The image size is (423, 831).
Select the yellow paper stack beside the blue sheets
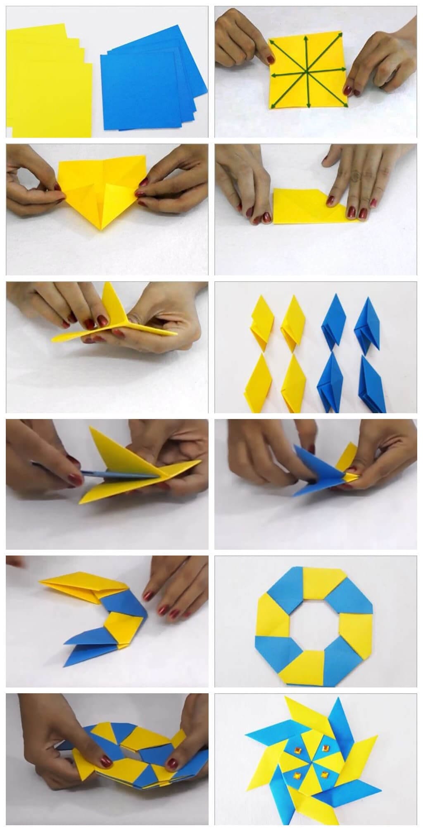click(45, 83)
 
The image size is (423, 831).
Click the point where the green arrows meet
click(307, 73)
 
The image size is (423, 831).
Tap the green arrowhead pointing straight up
click(306, 38)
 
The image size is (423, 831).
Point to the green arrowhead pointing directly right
click(344, 69)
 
